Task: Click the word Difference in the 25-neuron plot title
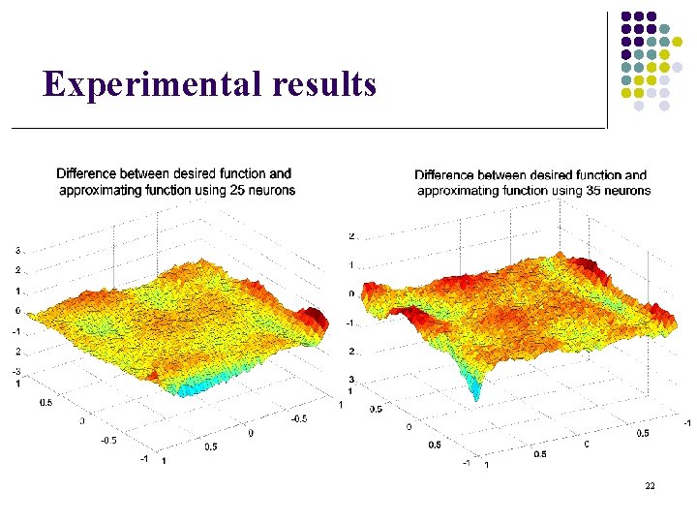(89, 174)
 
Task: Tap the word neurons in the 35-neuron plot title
(629, 191)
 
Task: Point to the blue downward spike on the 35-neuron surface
(474, 389)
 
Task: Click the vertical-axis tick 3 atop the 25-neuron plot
(18, 251)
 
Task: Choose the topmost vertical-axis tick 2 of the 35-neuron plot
(352, 235)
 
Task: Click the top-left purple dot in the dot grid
(626, 16)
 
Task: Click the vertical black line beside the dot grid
(607, 68)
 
